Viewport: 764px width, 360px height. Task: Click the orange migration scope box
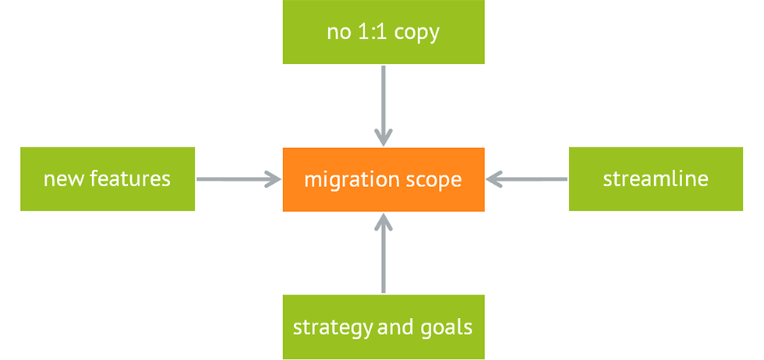383,179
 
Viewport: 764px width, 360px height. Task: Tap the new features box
107,179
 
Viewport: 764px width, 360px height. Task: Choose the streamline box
656,179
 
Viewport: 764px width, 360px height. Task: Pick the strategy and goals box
383,326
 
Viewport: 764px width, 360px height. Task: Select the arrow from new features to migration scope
238,179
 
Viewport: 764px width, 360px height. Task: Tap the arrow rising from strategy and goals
383,253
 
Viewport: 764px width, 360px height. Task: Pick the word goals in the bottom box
447,327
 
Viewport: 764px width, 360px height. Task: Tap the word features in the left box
129,179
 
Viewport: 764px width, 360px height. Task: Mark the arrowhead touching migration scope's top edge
383,138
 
